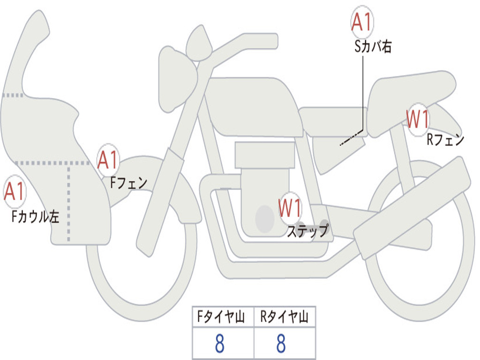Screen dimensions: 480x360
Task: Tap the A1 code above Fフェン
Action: tap(108, 160)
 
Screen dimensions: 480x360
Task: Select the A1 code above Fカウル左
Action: tap(14, 192)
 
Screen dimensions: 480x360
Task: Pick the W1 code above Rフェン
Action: tap(417, 120)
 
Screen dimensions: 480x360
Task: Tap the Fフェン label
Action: tap(128, 183)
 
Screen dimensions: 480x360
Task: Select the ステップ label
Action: tap(307, 231)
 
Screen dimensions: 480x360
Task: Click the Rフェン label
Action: tap(445, 140)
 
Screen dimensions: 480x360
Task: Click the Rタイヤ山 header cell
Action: tap(285, 317)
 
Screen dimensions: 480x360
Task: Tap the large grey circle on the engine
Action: tap(264, 218)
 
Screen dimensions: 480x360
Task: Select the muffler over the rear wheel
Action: tap(412, 202)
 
